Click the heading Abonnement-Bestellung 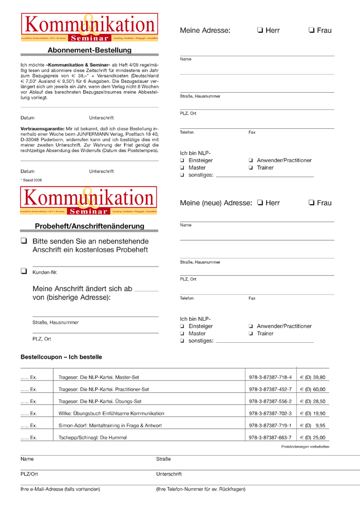(89, 50)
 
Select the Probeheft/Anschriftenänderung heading (89, 226)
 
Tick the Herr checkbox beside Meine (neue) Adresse (260, 203)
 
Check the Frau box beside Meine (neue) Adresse (312, 203)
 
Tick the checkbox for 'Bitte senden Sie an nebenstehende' (24, 241)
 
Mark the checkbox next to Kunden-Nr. (24, 271)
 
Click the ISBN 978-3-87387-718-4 (270, 377)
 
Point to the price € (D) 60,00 (312, 389)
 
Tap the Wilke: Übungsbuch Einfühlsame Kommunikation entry (111, 414)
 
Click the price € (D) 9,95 (312, 426)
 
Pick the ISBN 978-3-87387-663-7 (270, 438)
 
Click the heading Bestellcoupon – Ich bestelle (61, 357)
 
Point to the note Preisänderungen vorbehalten (305, 447)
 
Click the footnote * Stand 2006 (31, 180)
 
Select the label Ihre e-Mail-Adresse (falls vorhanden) (60, 489)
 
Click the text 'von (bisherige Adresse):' (71, 297)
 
